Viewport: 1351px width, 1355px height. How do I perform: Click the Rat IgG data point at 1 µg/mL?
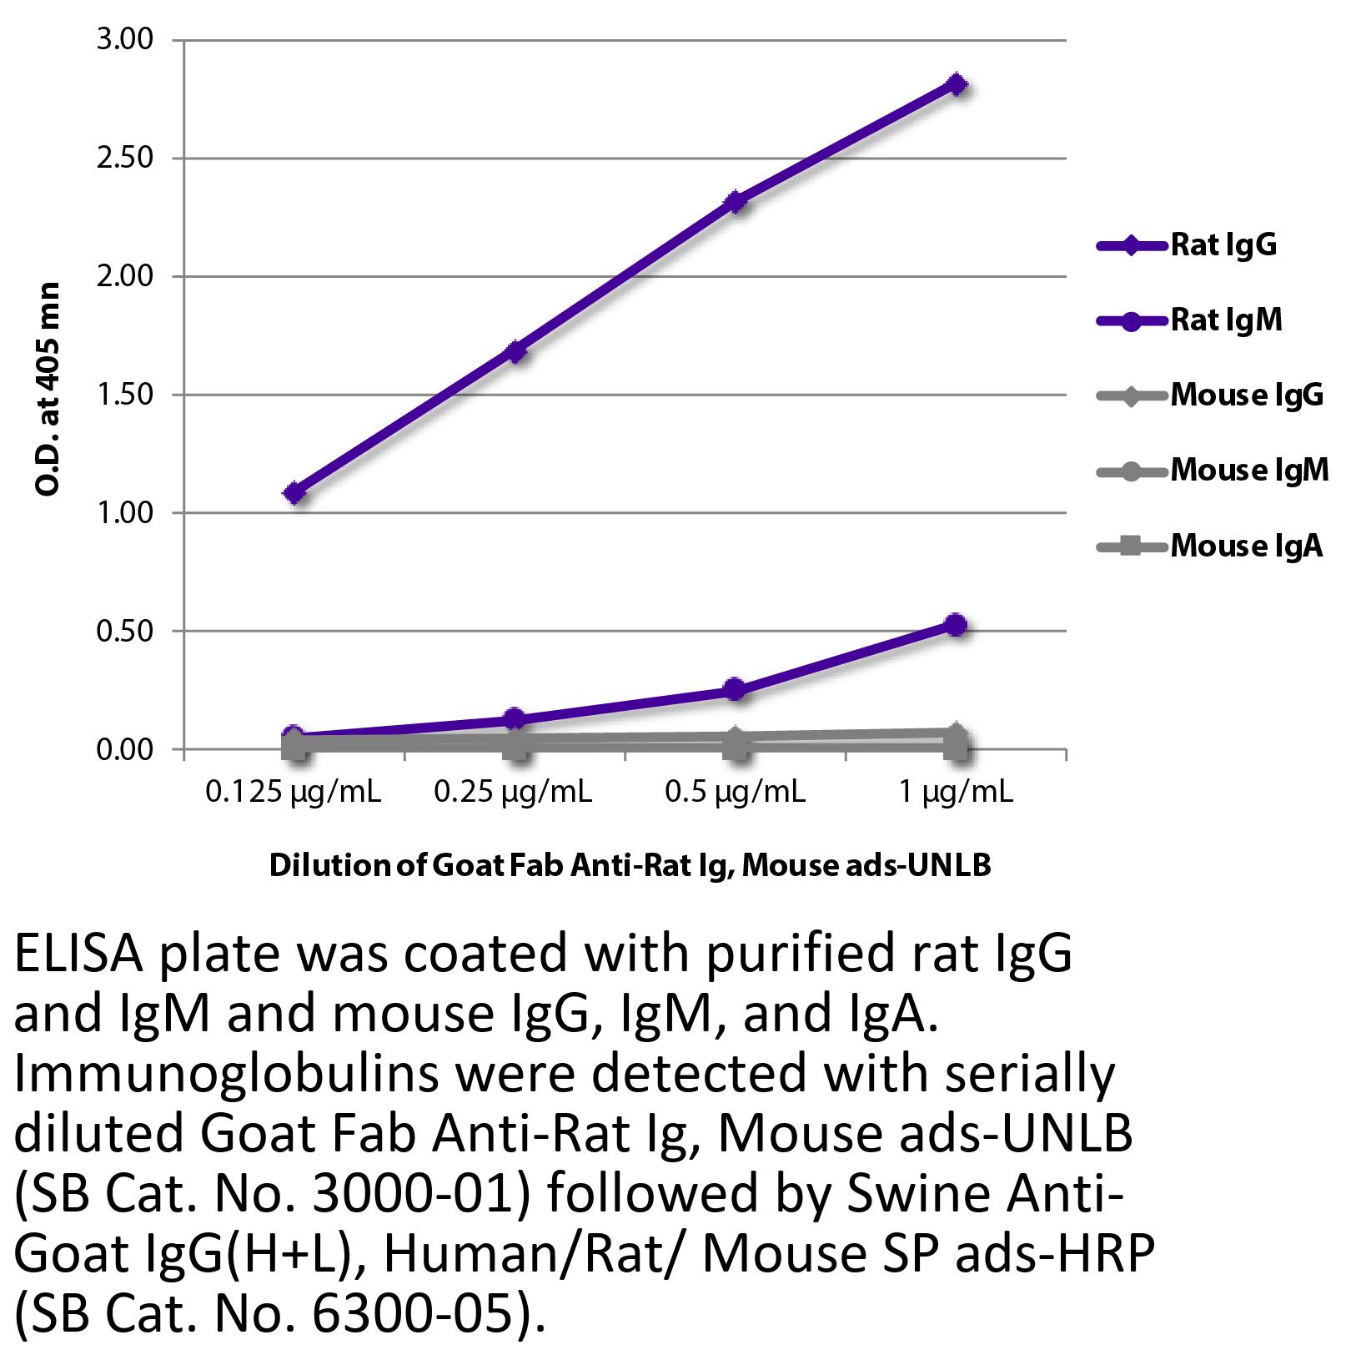click(x=957, y=84)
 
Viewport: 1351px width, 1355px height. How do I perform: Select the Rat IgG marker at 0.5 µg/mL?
click(x=735, y=202)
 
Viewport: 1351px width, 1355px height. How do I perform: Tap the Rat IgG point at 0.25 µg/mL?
click(x=515, y=351)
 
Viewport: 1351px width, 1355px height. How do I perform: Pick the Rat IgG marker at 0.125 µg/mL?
click(x=294, y=493)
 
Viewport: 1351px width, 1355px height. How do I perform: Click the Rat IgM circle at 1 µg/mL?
click(x=956, y=624)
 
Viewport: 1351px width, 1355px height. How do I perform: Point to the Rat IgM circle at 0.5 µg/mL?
click(x=734, y=689)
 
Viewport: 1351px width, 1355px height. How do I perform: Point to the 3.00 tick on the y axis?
click(x=125, y=40)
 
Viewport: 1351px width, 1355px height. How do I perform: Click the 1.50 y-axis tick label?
click(x=125, y=395)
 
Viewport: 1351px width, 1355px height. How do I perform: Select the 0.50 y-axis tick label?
click(x=125, y=631)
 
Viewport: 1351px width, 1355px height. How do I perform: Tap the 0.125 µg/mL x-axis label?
click(x=294, y=791)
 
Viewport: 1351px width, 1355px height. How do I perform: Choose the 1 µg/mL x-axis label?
click(x=956, y=791)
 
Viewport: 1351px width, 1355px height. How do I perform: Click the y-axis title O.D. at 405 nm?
click(x=48, y=390)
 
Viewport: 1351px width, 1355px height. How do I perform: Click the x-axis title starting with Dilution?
click(x=630, y=865)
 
